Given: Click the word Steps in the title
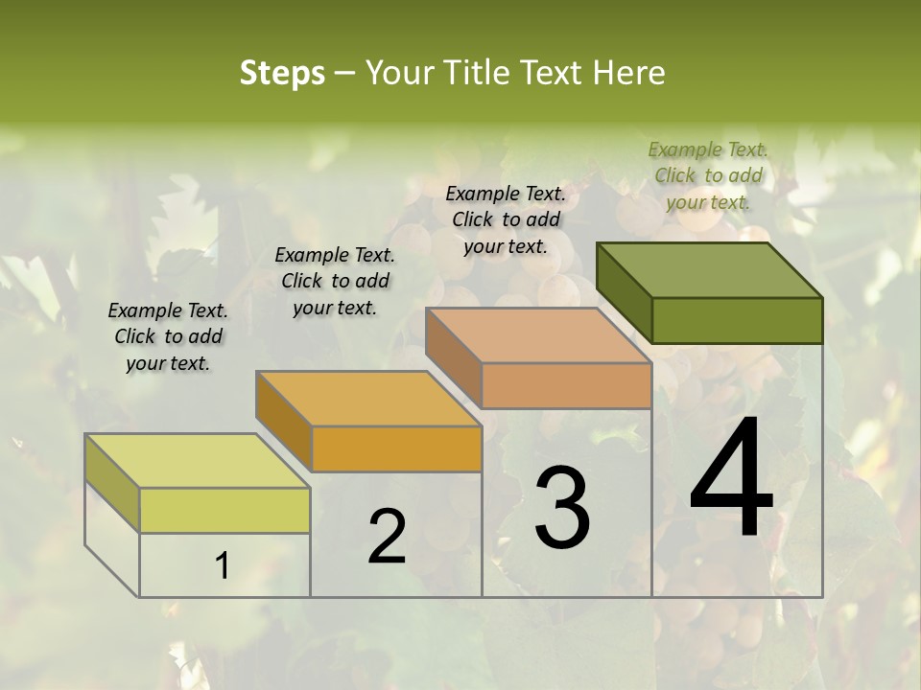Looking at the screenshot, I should pos(282,73).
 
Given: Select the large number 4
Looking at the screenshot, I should pos(732,478).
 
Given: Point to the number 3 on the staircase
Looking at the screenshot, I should pos(562,508).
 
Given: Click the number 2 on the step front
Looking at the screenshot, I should pos(387,537).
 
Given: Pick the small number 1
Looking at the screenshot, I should pos(223,566).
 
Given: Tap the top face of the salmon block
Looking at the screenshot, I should pos(537,335).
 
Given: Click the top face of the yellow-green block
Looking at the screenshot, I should pos(198,461).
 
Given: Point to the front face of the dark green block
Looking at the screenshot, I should pos(737,320).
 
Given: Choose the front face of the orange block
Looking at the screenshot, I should pos(396,448).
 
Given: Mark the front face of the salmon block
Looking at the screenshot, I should pos(566,385).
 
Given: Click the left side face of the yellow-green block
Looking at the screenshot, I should pos(112,482).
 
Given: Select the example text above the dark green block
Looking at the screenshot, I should pos(708,175).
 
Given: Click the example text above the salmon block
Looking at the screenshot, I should pos(506,219).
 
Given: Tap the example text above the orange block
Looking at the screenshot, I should pos(335,281).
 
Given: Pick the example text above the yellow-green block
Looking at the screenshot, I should pos(168,336).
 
